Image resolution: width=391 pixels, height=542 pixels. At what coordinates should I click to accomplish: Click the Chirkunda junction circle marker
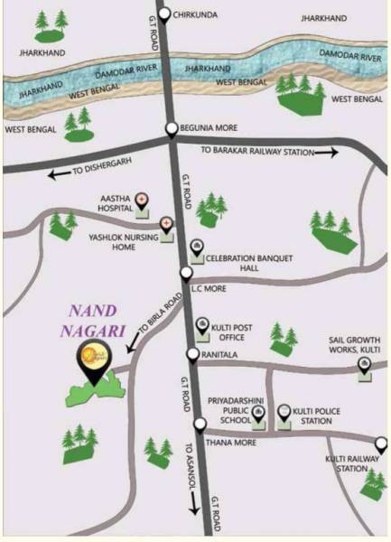(x=164, y=14)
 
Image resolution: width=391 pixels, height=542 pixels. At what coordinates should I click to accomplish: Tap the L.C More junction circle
(x=186, y=272)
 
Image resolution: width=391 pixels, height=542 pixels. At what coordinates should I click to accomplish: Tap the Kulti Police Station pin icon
(x=284, y=412)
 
